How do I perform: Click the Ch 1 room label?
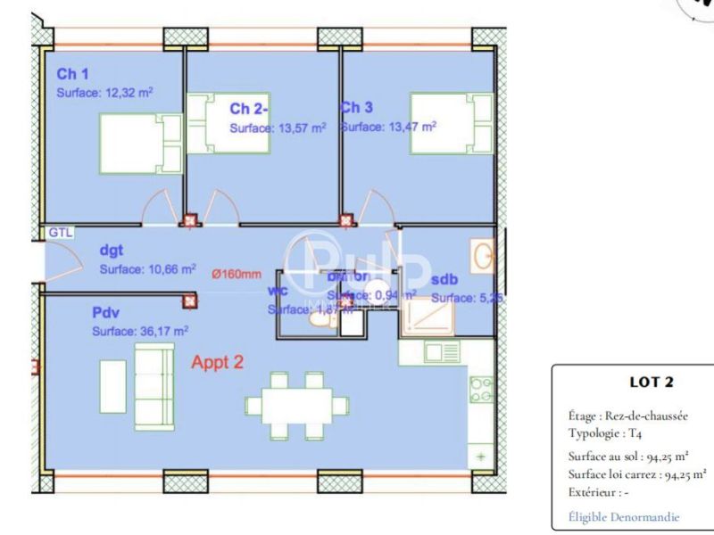tap(71, 74)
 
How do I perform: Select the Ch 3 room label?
tap(356, 108)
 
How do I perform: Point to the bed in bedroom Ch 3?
tap(452, 124)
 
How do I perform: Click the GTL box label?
tap(61, 233)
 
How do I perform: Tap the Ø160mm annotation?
tap(237, 275)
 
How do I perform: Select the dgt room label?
tap(111, 251)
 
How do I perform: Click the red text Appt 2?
tap(218, 362)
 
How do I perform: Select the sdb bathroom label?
tap(444, 280)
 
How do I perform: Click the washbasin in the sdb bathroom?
tap(484, 256)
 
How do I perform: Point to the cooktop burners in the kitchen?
tap(481, 390)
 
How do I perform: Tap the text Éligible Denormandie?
tap(623, 516)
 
